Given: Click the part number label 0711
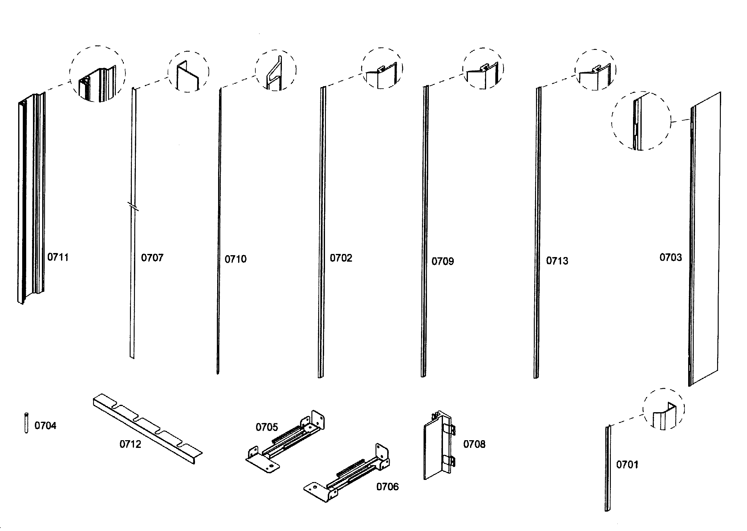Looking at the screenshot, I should click(58, 257).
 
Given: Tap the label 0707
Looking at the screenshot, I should click(152, 258).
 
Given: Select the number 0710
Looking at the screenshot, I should click(236, 259).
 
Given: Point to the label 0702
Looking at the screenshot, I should click(341, 258).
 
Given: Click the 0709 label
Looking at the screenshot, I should click(443, 262).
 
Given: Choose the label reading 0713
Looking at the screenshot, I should click(557, 261).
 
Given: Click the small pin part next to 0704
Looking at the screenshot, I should click(26, 423).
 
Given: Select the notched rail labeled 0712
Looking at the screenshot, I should click(147, 428).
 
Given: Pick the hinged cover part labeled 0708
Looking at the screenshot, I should click(438, 446).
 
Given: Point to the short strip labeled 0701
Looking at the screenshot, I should click(608, 468).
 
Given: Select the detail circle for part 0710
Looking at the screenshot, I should click(276, 70).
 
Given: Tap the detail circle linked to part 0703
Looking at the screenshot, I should click(641, 121).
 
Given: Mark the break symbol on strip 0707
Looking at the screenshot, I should click(133, 207).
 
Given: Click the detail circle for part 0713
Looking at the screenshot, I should click(595, 70).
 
